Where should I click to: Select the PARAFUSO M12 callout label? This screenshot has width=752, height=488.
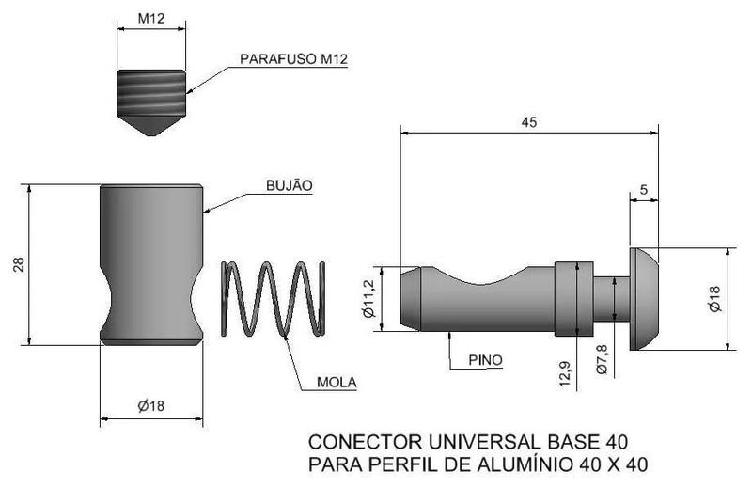click(294, 59)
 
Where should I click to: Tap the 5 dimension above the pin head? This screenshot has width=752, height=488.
click(643, 189)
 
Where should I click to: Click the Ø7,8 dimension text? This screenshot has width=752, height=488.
click(603, 358)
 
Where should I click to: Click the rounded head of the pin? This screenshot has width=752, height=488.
click(644, 299)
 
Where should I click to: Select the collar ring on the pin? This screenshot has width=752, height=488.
click(572, 298)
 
